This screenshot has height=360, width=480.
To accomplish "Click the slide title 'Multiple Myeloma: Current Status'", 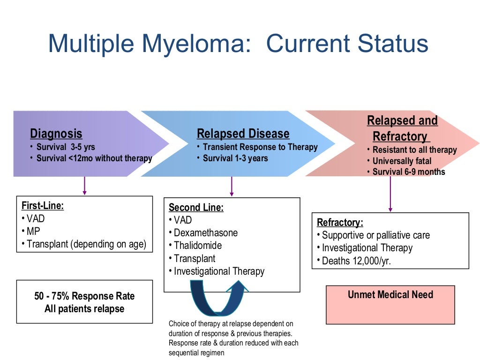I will click(238, 44).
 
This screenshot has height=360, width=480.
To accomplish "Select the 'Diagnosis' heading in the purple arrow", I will click(56, 134).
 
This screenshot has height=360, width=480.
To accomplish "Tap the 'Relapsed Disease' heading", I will click(243, 134).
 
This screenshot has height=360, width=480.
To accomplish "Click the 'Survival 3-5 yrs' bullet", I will click(66, 147).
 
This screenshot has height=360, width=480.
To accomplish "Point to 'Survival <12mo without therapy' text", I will click(94, 158).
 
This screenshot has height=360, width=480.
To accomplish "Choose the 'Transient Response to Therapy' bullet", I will click(260, 147).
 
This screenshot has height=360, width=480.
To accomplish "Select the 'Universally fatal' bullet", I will click(402, 161).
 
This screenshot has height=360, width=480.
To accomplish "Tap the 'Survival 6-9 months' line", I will click(409, 172).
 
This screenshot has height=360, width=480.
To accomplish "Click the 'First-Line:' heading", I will click(43, 206).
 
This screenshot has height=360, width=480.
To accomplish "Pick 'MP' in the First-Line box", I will click(33, 231).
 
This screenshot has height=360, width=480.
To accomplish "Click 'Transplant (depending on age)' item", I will click(86, 244).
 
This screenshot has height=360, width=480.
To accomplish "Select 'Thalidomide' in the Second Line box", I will click(197, 246).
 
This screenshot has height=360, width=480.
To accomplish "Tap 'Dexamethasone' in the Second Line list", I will click(205, 233).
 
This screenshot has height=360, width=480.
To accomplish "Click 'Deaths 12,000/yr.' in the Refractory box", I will click(356, 261).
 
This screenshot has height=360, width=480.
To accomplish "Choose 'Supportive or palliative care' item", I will click(375, 235).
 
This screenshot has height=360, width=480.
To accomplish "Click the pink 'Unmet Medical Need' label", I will click(390, 295).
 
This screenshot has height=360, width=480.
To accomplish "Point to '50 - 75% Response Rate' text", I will click(84, 296).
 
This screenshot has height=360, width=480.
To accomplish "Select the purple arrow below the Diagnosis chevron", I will click(84, 186).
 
